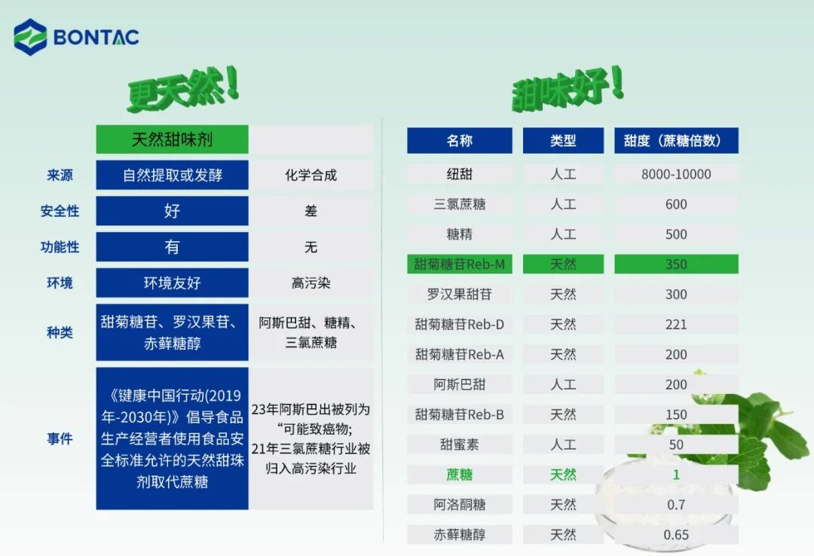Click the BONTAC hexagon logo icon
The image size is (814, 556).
pyautogui.click(x=30, y=37)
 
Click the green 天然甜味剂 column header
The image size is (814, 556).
pyautogui.click(x=172, y=139)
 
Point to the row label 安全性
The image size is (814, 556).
pyautogui.click(x=60, y=211)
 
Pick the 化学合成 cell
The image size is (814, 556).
pyautogui.click(x=311, y=175)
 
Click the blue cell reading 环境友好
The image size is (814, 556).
pyautogui.click(x=172, y=283)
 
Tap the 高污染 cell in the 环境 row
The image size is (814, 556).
pyautogui.click(x=311, y=283)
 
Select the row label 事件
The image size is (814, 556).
pyautogui.click(x=60, y=438)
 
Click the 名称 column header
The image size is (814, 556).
pyautogui.click(x=459, y=141)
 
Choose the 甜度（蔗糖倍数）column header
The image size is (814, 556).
pyautogui.click(x=676, y=141)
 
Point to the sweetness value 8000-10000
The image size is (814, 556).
pyautogui.click(x=676, y=174)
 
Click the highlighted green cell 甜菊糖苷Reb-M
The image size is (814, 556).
pyautogui.click(x=459, y=264)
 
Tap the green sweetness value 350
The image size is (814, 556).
pyautogui.click(x=676, y=264)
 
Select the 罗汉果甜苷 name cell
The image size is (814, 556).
pyautogui.click(x=459, y=295)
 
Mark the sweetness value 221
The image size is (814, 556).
pyautogui.click(x=676, y=325)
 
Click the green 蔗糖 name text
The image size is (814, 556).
pyautogui.click(x=459, y=475)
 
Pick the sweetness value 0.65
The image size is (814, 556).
pyautogui.click(x=676, y=535)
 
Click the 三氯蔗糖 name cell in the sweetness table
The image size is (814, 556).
pyautogui.click(x=459, y=204)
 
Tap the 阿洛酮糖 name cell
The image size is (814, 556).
pyautogui.click(x=459, y=505)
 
